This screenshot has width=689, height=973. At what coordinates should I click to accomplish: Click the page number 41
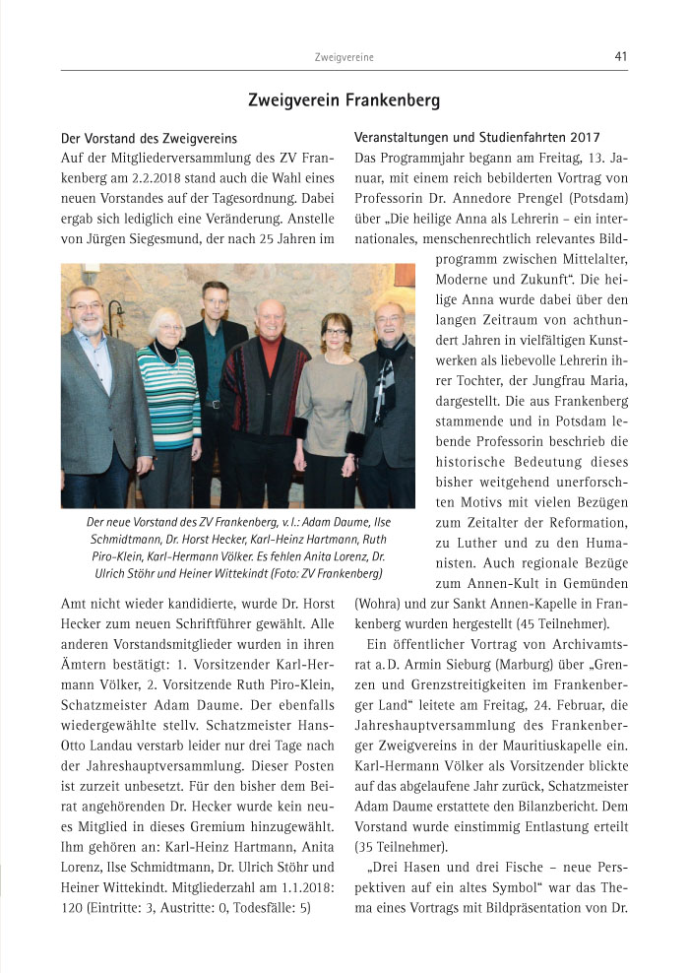620,57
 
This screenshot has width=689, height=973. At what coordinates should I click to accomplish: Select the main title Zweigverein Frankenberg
344,100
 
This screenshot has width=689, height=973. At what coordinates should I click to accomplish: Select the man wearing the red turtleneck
268,384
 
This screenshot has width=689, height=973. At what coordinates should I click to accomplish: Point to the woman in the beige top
333,394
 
